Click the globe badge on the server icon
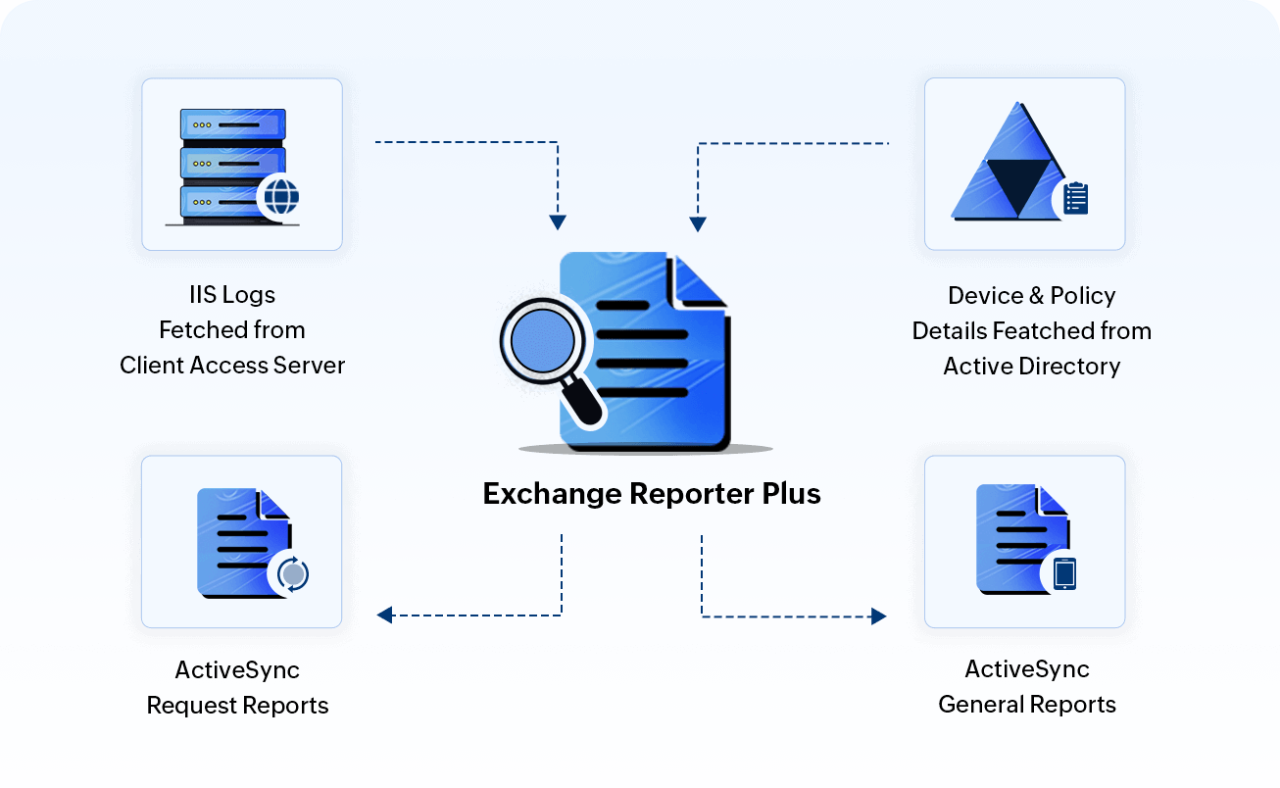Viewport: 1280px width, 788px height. pyautogui.click(x=281, y=197)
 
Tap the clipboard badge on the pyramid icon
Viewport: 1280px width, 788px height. pyautogui.click(x=1075, y=198)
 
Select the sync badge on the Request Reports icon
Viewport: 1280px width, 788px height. pyautogui.click(x=292, y=573)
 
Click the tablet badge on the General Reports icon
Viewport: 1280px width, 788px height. pyautogui.click(x=1063, y=573)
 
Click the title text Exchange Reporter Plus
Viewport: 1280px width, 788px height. pyautogui.click(x=652, y=493)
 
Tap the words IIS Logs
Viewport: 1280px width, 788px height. pyautogui.click(x=232, y=295)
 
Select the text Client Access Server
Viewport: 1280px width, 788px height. pyautogui.click(x=232, y=366)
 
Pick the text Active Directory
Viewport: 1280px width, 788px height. pyautogui.click(x=1031, y=367)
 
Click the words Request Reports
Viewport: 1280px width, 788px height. pyautogui.click(x=237, y=705)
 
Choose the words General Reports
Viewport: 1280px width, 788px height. pyautogui.click(x=1027, y=705)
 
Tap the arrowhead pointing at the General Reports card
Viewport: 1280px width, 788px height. pyautogui.click(x=878, y=616)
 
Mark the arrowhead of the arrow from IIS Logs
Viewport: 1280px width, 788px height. pyautogui.click(x=558, y=222)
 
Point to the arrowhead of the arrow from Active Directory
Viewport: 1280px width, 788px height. pyautogui.click(x=698, y=223)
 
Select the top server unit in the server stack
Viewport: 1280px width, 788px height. pyautogui.click(x=232, y=124)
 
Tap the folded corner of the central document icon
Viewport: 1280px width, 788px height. pyautogui.click(x=698, y=279)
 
